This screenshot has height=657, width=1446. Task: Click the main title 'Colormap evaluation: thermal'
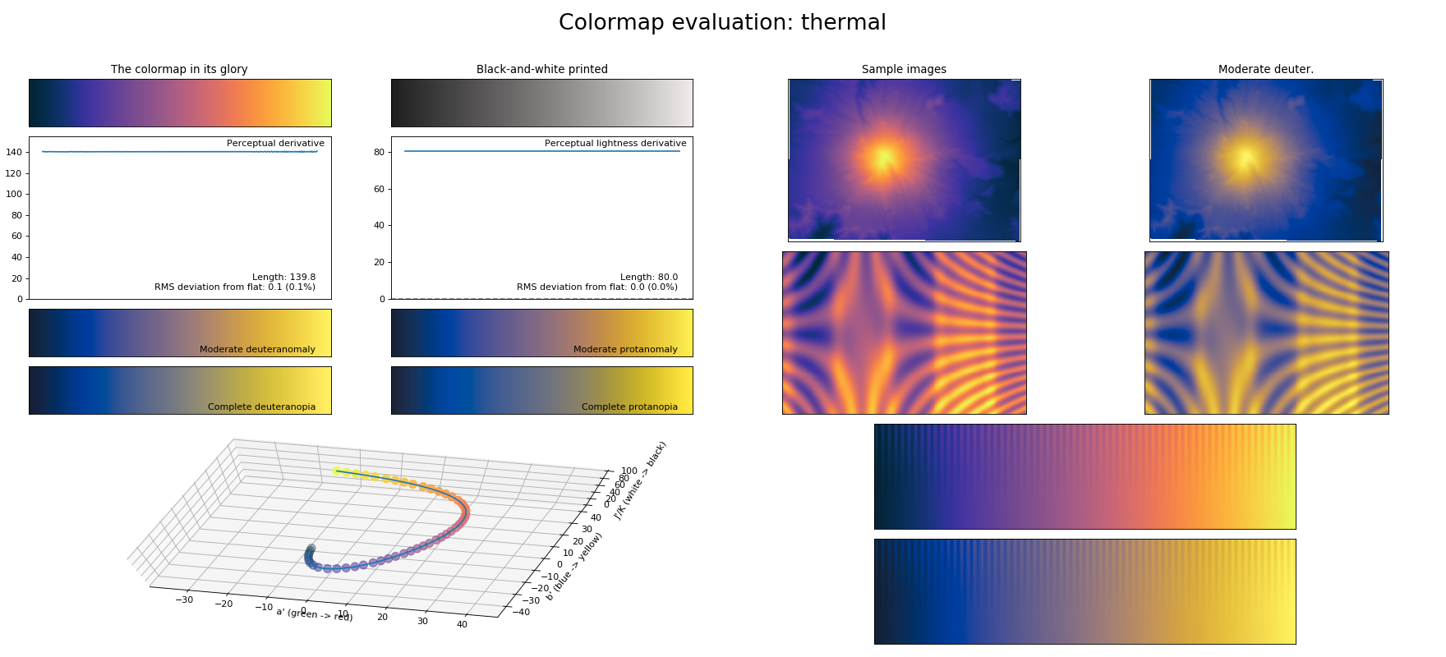pos(722,23)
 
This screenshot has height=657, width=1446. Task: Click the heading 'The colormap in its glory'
pos(179,69)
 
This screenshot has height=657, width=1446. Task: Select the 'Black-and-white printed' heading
pos(542,69)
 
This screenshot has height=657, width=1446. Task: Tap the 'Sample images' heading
pos(904,69)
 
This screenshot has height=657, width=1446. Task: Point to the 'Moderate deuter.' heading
pos(1265,69)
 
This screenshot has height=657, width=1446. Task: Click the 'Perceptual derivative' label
pos(275,143)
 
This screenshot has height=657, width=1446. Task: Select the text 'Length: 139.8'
pos(283,277)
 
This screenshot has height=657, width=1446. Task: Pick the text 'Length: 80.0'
pos(649,277)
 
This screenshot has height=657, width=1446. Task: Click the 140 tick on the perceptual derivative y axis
pos(14,152)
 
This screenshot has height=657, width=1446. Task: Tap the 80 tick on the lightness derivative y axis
pos(379,152)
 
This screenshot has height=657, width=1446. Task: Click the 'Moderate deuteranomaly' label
pos(257,349)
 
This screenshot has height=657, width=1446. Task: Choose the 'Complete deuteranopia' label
pos(261,407)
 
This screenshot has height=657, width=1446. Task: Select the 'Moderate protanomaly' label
pos(625,349)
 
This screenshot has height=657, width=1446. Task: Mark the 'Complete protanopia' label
pos(629,407)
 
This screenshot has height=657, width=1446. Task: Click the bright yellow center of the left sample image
pos(884,157)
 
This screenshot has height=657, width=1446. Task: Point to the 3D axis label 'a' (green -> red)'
pos(315,613)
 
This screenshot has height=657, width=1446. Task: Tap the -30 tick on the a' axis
pos(184,600)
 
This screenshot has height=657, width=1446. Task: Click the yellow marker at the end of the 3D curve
pos(337,471)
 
